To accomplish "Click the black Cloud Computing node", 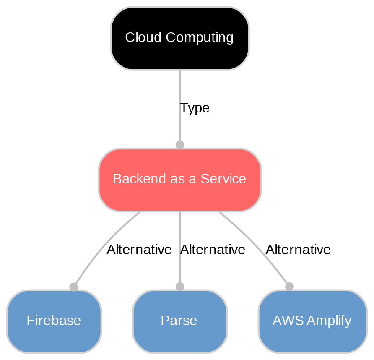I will tap(180, 38).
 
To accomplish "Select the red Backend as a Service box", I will tap(180, 180).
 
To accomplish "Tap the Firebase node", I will tap(54, 321).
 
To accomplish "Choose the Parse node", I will tap(180, 321).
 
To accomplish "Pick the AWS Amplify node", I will tap(312, 321).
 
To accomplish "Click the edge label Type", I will tap(195, 108).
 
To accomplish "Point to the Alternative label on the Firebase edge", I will tap(139, 250).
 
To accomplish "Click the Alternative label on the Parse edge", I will tap(213, 250).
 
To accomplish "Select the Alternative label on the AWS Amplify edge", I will tap(298, 250).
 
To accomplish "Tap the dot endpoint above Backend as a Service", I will tap(180, 145).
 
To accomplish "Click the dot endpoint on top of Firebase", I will tap(73, 287).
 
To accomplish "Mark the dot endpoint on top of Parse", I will tap(180, 286).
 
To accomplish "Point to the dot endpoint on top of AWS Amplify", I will tap(289, 286).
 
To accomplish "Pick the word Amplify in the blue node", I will tap(329, 321).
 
